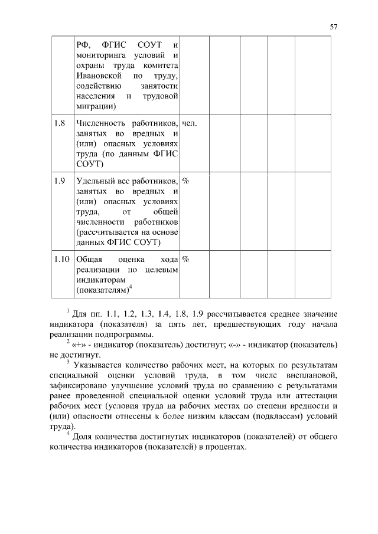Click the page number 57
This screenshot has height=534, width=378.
click(x=333, y=27)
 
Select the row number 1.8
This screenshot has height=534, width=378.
click(x=58, y=124)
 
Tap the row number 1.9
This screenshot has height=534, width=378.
click(x=58, y=181)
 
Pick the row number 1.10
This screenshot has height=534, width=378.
click(x=60, y=259)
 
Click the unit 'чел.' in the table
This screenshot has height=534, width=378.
click(x=190, y=124)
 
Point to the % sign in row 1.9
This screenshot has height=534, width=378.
click(x=185, y=181)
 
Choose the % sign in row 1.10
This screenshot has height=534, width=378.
click(x=185, y=259)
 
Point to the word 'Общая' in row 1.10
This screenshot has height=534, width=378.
click(x=89, y=259)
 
